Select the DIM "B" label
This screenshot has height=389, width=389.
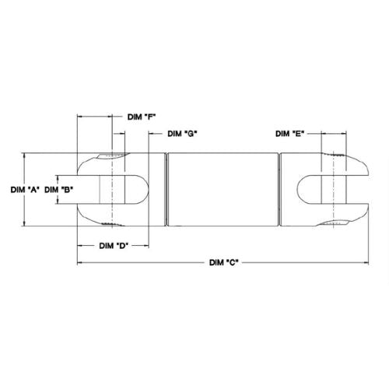pos(59,189)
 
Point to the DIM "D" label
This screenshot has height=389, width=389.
pos(114,246)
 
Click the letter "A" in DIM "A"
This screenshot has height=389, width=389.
pos(33,189)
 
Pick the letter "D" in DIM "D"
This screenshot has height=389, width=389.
pos(123,246)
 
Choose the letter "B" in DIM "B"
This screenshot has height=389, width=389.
pos(67,189)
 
